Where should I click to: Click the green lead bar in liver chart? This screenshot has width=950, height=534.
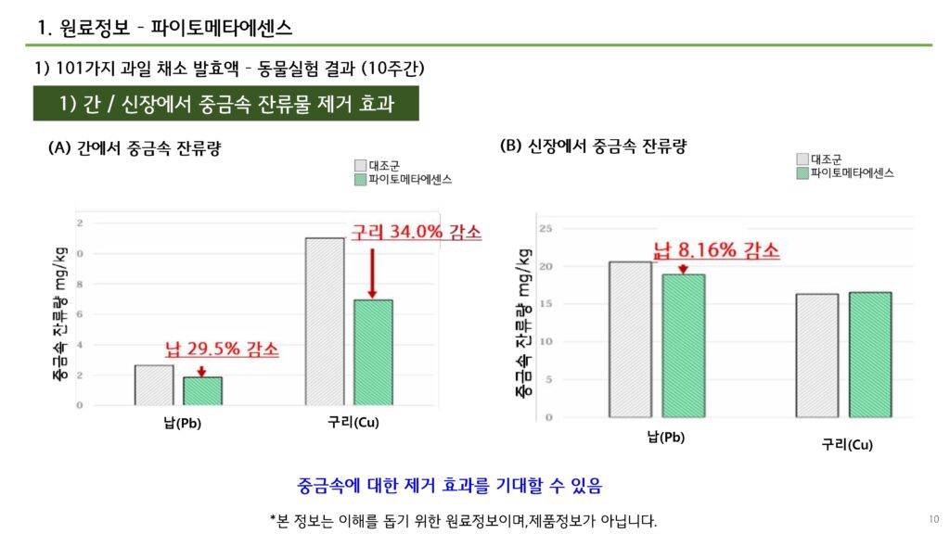[x=202, y=390]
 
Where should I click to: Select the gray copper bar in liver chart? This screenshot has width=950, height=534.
[x=325, y=321]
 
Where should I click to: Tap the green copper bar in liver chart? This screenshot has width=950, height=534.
[x=373, y=352]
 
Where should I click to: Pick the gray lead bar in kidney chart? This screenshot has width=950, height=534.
[x=631, y=339]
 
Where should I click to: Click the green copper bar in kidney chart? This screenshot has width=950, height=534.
[x=869, y=354]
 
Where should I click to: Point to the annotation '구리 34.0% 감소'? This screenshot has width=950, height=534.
[x=416, y=233]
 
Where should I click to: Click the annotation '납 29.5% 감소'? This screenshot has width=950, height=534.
[x=222, y=350]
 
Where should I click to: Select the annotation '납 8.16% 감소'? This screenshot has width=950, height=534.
[x=716, y=250]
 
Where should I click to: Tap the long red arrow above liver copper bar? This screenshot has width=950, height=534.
[x=373, y=272]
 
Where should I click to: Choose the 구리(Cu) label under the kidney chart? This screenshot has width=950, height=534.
[x=847, y=445]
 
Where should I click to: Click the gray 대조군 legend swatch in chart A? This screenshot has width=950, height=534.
[x=360, y=165]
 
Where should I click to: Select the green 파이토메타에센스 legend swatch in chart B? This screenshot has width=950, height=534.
[x=802, y=172]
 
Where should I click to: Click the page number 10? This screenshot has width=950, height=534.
[x=933, y=517]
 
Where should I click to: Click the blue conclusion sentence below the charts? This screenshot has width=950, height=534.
[x=450, y=485]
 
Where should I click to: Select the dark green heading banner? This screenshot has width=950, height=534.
[x=226, y=104]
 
